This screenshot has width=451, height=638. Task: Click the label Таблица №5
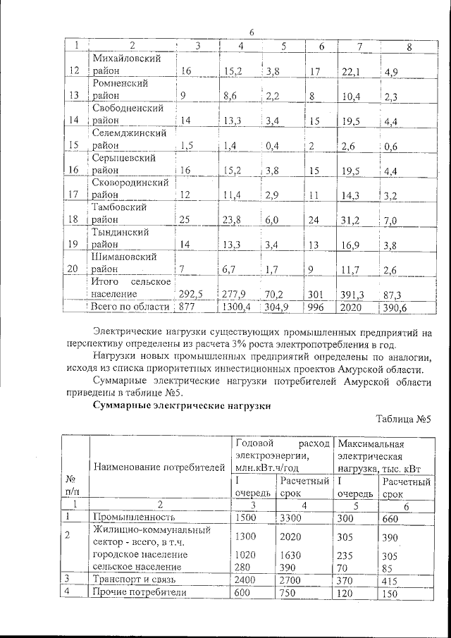[x=403, y=418]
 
